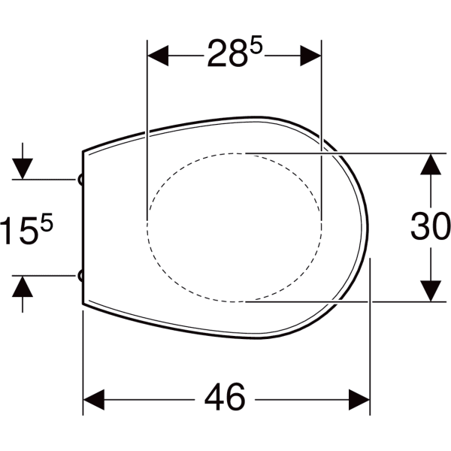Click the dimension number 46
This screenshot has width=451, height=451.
[225, 397]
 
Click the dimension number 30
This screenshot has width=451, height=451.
[430, 226]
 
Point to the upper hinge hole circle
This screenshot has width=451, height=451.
[80, 179]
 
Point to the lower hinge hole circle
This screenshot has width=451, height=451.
[80, 276]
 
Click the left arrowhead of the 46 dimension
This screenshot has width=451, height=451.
[92, 397]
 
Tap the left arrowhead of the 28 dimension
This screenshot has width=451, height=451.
[156, 54]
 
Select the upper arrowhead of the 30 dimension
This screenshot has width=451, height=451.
[430, 163]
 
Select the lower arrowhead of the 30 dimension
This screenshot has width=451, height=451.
[430, 291]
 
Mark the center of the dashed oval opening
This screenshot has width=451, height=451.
[235, 227]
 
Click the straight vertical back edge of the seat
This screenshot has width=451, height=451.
[82, 225]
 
